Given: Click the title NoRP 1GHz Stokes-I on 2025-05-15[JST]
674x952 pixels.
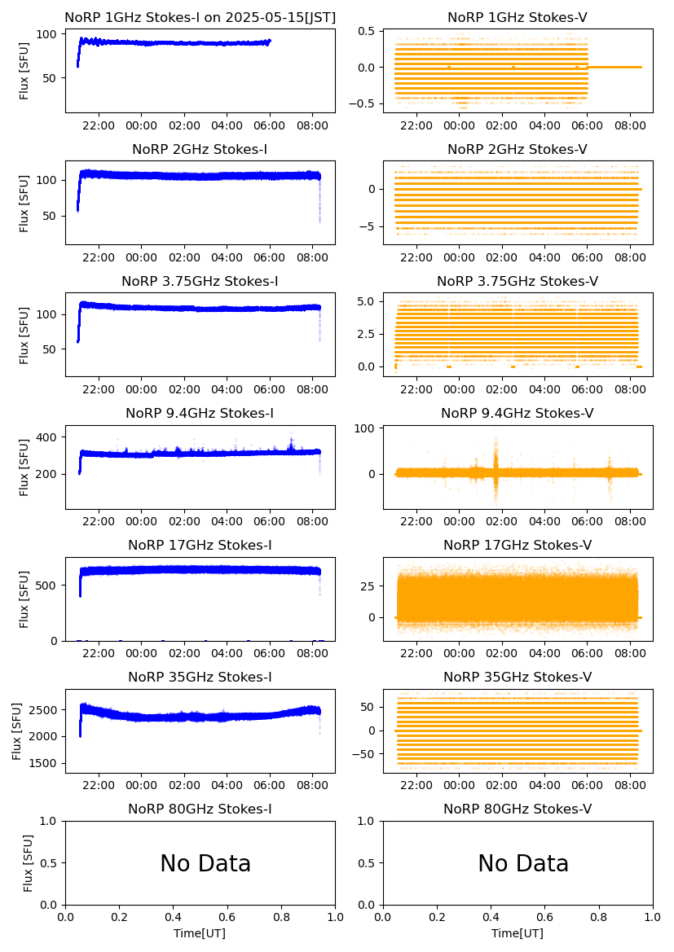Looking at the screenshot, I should [x=200, y=17].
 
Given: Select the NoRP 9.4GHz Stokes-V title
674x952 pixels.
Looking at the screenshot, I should [x=518, y=414].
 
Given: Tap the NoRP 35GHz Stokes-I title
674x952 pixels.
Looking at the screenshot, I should [x=200, y=678].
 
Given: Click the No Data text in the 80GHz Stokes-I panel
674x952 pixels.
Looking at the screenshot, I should [x=205, y=864].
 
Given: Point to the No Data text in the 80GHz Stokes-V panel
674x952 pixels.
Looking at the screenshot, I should [x=523, y=864].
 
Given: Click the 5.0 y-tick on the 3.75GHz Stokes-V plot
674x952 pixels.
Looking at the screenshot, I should [x=368, y=301].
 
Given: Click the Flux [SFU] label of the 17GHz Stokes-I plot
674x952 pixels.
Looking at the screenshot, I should [x=24, y=599].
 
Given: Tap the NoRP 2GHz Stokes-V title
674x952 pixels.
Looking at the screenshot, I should [x=518, y=150].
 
